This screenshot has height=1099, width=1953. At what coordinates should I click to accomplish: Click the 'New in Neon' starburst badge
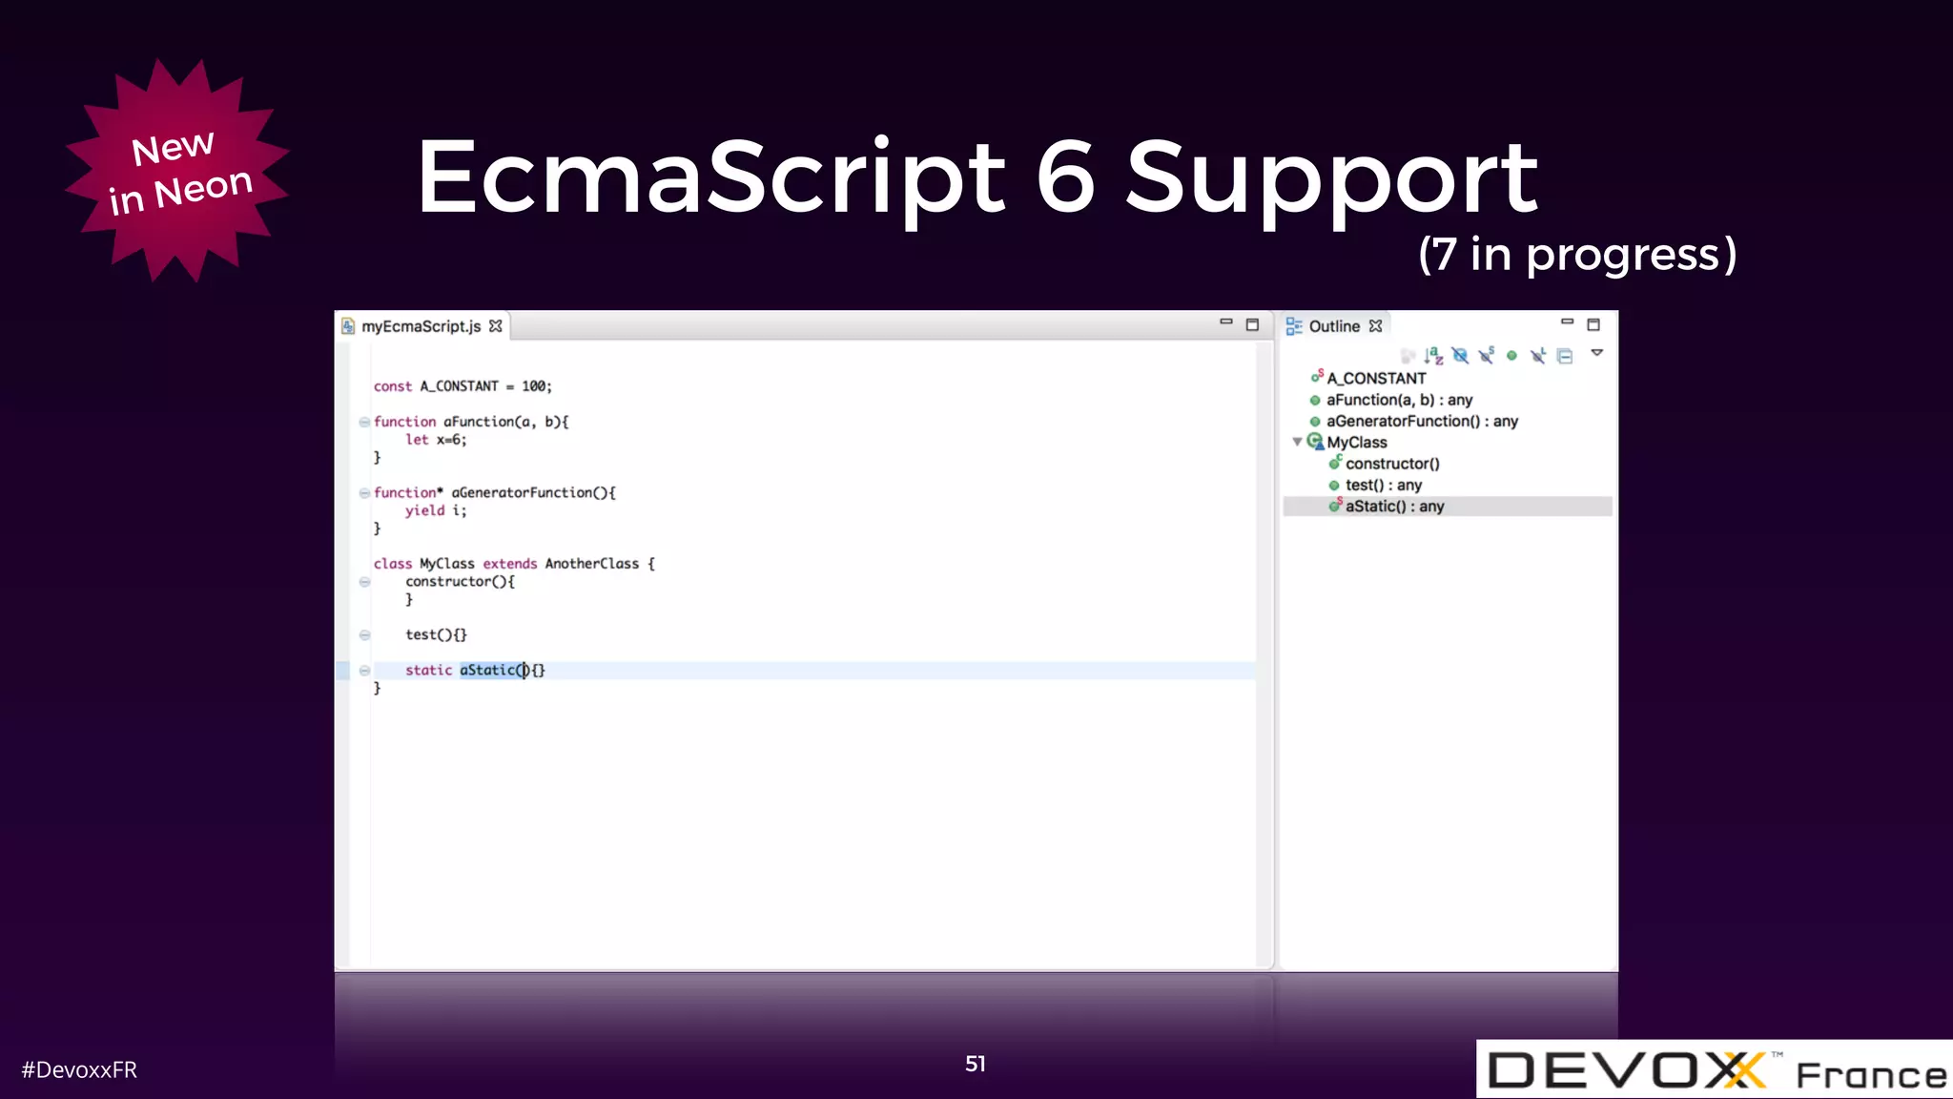pyautogui.click(x=177, y=172)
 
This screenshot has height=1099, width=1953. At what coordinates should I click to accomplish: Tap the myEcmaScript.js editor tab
pyautogui.click(x=421, y=326)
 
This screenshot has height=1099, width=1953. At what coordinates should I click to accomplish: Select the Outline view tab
pyautogui.click(x=1333, y=326)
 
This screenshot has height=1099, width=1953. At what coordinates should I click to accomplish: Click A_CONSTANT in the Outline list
pyautogui.click(x=1375, y=379)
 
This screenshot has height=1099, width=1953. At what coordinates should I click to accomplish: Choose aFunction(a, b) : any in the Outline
pyautogui.click(x=1398, y=400)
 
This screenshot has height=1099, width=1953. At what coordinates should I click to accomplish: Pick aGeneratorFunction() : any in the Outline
pyautogui.click(x=1421, y=421)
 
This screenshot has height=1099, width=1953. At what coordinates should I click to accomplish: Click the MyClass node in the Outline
pyautogui.click(x=1356, y=443)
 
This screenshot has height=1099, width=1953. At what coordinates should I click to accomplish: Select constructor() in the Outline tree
pyautogui.click(x=1391, y=464)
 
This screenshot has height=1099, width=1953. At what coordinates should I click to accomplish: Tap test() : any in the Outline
pyautogui.click(x=1383, y=485)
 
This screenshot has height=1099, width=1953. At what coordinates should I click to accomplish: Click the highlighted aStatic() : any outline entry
pyautogui.click(x=1394, y=507)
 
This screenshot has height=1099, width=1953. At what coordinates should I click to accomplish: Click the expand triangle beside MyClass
pyautogui.click(x=1297, y=442)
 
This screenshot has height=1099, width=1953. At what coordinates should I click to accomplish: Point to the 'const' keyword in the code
pyautogui.click(x=392, y=386)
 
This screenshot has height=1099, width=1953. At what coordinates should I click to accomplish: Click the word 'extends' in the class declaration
pyautogui.click(x=509, y=564)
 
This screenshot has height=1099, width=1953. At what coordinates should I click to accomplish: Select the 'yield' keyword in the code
pyautogui.click(x=424, y=510)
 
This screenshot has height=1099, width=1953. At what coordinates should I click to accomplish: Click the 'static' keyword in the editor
pyautogui.click(x=428, y=671)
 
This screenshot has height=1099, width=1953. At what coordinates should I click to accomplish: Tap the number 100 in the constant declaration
pyautogui.click(x=533, y=386)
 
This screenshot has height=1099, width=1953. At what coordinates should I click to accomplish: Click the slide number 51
pyautogui.click(x=975, y=1064)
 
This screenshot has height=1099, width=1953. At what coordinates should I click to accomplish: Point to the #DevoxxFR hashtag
pyautogui.click(x=79, y=1070)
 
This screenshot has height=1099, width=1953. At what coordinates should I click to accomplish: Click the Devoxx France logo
pyautogui.click(x=1714, y=1070)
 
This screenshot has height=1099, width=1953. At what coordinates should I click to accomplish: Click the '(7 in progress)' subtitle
pyautogui.click(x=1576, y=255)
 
